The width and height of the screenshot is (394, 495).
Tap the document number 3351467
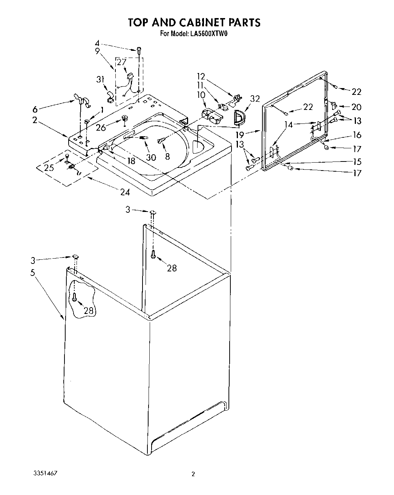click(x=45, y=472)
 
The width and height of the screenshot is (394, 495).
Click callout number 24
click(x=125, y=192)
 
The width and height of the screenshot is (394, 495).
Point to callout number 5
click(x=33, y=272)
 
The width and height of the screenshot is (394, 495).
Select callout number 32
click(x=255, y=99)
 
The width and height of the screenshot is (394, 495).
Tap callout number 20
click(x=356, y=107)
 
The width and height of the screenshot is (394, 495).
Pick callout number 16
click(x=356, y=135)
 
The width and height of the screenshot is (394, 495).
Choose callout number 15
click(x=356, y=161)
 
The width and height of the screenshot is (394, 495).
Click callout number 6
click(x=35, y=109)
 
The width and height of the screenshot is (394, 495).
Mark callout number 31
click(x=100, y=79)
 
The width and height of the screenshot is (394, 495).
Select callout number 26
click(x=101, y=128)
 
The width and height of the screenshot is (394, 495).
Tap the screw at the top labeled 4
click(x=139, y=49)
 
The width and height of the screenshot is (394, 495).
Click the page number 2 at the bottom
click(x=193, y=474)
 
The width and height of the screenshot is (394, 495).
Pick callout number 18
click(x=131, y=161)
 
